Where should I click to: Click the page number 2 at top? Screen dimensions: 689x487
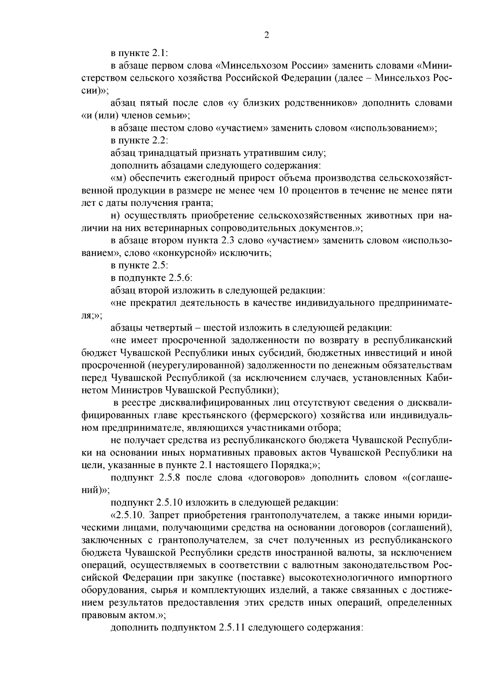click(266, 35)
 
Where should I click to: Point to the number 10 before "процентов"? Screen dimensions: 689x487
click(274, 190)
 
